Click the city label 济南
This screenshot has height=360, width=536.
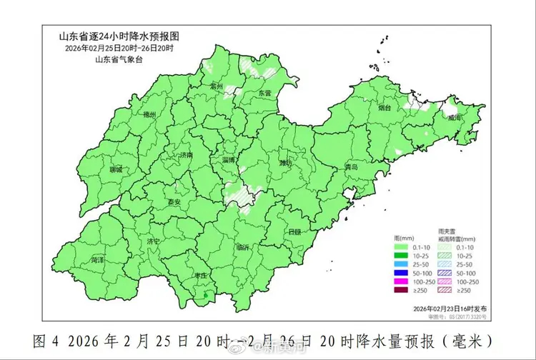(186, 155)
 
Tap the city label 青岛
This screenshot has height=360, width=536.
(350, 166)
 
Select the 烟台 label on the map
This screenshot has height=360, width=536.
(384, 108)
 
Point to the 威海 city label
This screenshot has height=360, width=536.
(455, 118)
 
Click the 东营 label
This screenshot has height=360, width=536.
(264, 94)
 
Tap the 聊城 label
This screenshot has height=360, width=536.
(116, 170)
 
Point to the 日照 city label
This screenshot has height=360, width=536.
(294, 232)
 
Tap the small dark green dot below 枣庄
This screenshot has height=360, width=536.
(206, 294)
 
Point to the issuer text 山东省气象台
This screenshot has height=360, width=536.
(118, 59)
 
